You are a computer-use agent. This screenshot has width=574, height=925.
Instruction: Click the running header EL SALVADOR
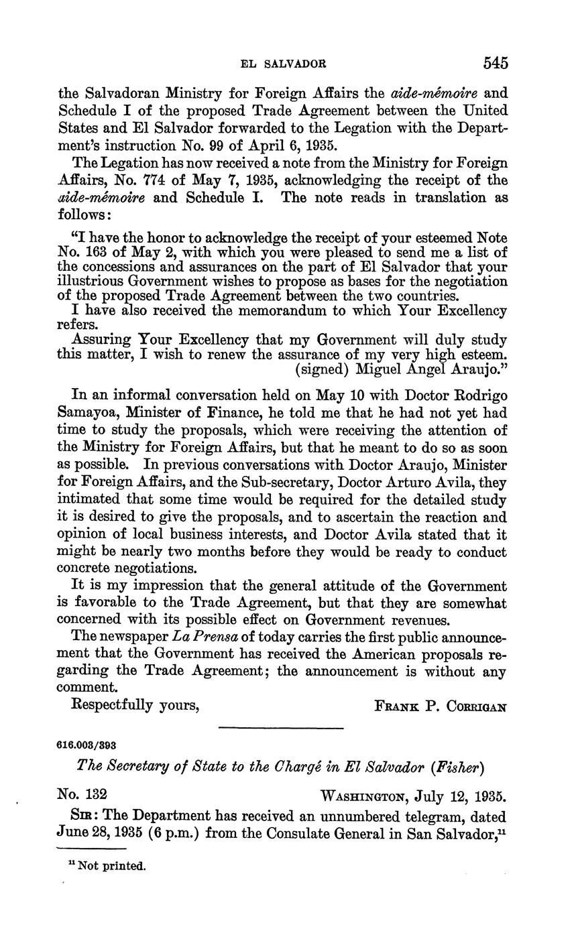pyautogui.click(x=283, y=64)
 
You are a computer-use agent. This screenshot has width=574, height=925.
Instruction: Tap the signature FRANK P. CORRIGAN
pyautogui.click(x=440, y=706)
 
